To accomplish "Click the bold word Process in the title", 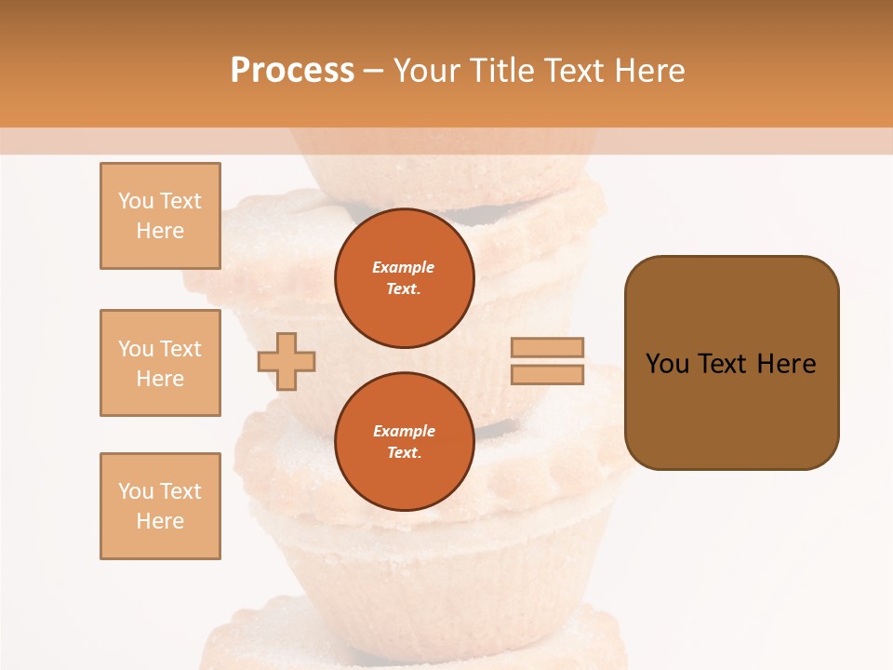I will pos(292,71).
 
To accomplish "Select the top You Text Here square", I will pos(160,216).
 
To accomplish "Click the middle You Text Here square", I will pos(160,363).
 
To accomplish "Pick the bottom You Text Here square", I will pos(160,506).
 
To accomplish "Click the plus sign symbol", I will pos(287,360).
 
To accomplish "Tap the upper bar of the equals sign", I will pos(547,347).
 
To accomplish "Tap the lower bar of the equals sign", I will pos(547,374).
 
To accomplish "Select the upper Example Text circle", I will pos(404,277).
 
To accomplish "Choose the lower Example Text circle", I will pos(404,441).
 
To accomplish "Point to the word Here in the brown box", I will pos(786,364).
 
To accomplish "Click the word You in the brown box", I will pos(668,364).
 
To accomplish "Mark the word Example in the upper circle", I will pos(404,267).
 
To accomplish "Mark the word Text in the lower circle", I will pos(403,453).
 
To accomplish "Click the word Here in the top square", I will pos(160,231).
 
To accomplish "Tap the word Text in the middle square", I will pos(180,349).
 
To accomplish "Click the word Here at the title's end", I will pos(651,71).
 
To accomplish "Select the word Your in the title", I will pos(426,71).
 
